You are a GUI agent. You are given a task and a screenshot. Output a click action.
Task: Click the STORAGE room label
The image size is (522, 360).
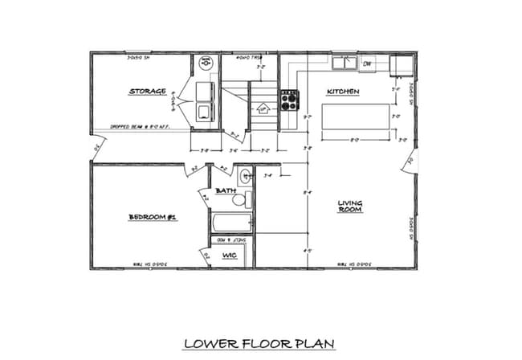point(148,92)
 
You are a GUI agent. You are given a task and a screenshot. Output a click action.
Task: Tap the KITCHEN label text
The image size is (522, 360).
point(343,92)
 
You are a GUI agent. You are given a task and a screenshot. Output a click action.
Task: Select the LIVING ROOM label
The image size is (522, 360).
point(349,206)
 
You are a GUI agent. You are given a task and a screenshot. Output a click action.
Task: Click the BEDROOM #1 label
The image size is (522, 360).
point(153,217)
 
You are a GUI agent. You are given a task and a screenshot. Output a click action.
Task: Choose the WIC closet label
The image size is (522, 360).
point(230,256)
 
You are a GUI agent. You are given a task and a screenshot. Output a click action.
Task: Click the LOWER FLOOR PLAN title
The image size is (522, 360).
point(259,343)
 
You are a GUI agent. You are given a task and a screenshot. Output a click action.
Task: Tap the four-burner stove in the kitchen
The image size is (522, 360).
point(288,100)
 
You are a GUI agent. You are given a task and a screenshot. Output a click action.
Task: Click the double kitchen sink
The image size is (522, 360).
point(346,62)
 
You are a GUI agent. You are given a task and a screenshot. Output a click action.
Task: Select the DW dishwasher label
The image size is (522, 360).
point(368,63)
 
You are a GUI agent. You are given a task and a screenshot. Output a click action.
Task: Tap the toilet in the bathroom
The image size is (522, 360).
point(248,198)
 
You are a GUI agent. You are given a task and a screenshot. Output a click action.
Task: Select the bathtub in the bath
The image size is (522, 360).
point(231,223)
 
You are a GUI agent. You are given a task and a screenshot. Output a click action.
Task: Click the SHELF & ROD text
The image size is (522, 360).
point(232,239)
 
